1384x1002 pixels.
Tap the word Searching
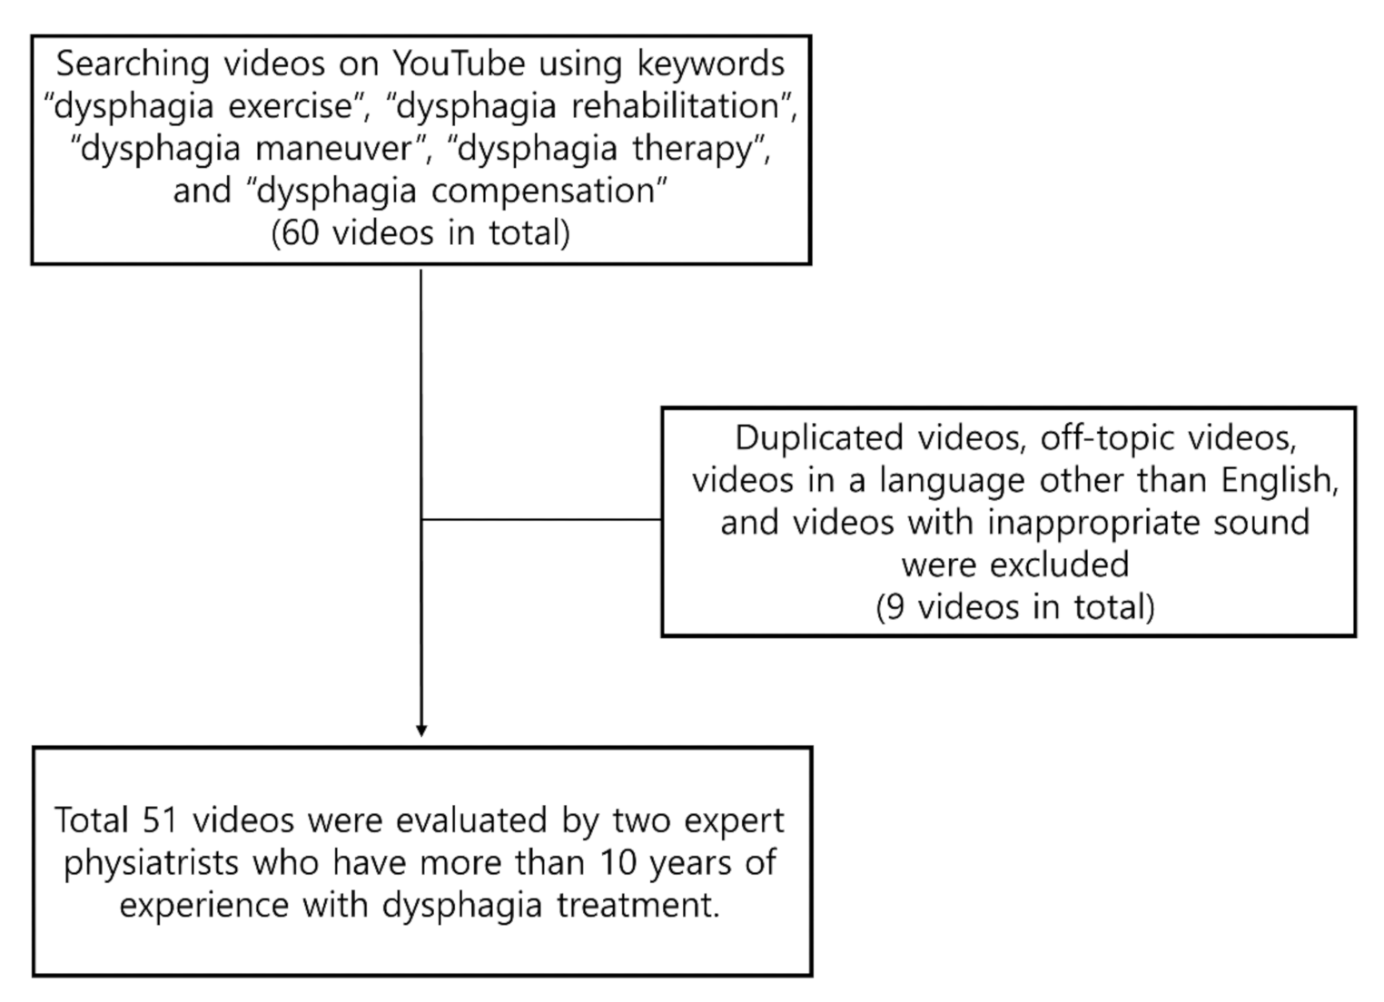(x=133, y=64)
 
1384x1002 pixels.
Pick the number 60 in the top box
(x=300, y=233)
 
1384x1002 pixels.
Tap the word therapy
(x=696, y=149)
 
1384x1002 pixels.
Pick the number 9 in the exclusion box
(x=895, y=607)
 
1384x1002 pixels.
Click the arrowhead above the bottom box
(x=421, y=730)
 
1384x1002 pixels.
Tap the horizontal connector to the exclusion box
(x=541, y=520)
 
